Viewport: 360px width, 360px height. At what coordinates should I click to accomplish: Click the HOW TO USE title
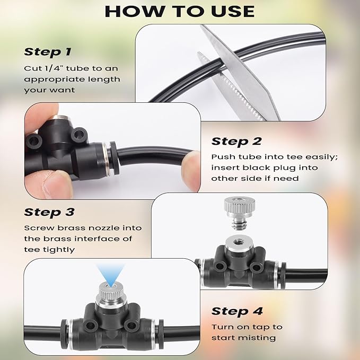(180, 11)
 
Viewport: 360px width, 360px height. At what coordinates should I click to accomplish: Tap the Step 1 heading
(48, 52)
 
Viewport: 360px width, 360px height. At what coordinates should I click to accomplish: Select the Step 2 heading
(236, 141)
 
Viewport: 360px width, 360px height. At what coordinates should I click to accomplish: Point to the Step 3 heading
(49, 212)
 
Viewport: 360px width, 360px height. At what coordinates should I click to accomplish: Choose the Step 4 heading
(237, 311)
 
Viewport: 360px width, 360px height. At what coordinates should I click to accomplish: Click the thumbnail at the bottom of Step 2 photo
(58, 186)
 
